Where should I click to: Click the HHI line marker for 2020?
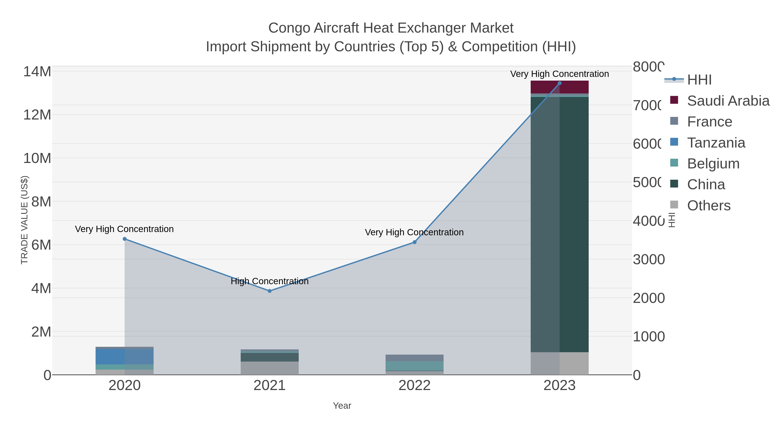click(x=124, y=239)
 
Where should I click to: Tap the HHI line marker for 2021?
click(x=270, y=291)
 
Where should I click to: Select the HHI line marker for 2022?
click(x=414, y=242)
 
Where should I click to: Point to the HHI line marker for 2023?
click(x=560, y=83)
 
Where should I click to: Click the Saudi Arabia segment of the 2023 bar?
click(x=560, y=87)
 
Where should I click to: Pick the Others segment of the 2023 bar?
click(x=560, y=364)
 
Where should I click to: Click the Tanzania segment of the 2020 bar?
click(x=124, y=357)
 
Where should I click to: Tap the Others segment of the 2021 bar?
click(x=270, y=368)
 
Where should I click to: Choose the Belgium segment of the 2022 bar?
click(x=414, y=366)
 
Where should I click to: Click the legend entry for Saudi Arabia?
click(x=728, y=101)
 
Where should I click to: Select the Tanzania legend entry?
click(x=716, y=143)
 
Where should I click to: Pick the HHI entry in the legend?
click(x=699, y=80)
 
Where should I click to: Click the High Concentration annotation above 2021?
click(x=270, y=281)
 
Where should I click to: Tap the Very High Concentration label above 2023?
click(x=560, y=74)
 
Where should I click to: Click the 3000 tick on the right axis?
click(x=648, y=260)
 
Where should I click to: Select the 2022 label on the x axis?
click(x=414, y=386)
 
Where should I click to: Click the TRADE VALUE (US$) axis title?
click(x=24, y=220)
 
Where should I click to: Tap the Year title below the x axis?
click(x=342, y=406)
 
